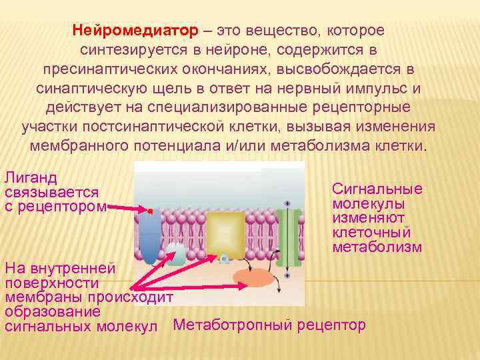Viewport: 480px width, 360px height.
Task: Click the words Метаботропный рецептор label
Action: pyautogui.click(x=269, y=325)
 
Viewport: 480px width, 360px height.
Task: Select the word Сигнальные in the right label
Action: pyautogui.click(x=377, y=189)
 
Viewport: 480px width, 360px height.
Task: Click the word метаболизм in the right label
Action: pyautogui.click(x=377, y=247)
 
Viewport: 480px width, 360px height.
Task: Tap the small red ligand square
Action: pyautogui.click(x=151, y=211)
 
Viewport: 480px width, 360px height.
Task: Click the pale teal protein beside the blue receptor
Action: pyautogui.click(x=176, y=254)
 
